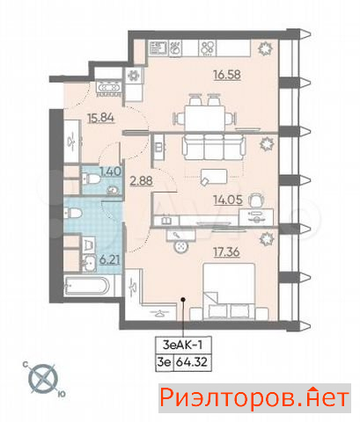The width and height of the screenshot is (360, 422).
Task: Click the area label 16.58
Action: coord(227,75)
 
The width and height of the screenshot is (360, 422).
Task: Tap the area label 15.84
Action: coord(101,118)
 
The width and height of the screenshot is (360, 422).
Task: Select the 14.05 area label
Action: coord(228,200)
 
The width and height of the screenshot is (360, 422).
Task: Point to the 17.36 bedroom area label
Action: coord(226,251)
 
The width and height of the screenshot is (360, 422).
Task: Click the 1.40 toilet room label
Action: coord(110,171)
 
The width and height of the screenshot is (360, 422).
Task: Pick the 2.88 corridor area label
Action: coord(141,181)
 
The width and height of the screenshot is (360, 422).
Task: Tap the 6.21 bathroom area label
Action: coord(109,259)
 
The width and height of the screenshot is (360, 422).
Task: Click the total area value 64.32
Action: coord(192,362)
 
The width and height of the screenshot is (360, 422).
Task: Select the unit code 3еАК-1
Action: coord(182,345)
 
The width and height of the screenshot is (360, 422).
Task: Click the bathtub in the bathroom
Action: coord(87,286)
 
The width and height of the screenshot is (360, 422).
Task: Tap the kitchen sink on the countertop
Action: coord(158,48)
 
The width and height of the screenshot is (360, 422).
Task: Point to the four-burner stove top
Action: coord(208,48)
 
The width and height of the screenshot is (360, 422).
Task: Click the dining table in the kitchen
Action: coord(205,118)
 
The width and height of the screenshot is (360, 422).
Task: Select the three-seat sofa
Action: coord(213,147)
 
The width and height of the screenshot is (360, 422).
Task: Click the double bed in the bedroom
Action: coord(229,291)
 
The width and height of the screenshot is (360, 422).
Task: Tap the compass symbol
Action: coord(43,379)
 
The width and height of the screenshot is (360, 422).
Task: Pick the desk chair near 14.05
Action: coord(256,200)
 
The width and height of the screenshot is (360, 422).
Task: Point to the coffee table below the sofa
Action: coord(214,177)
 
